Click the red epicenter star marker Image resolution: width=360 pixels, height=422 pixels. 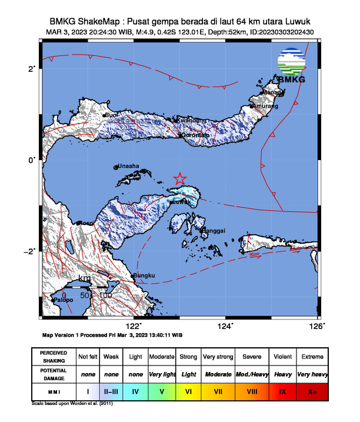coord(180,179)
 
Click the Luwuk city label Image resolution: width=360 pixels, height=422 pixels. coord(181,202)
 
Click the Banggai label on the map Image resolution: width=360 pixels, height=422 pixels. coord(214,231)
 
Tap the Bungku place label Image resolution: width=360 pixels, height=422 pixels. coord(144,275)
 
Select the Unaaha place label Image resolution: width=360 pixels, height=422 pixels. coord(129,167)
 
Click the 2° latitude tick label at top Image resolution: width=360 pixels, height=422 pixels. coord(32,69)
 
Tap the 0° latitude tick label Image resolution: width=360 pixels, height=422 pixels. coord(32,160)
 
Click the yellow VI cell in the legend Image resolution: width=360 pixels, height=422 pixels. coord(188,390)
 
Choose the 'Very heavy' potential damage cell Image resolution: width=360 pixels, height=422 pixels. coord(312,374)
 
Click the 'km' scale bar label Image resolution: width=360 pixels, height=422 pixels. coord(84,278)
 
